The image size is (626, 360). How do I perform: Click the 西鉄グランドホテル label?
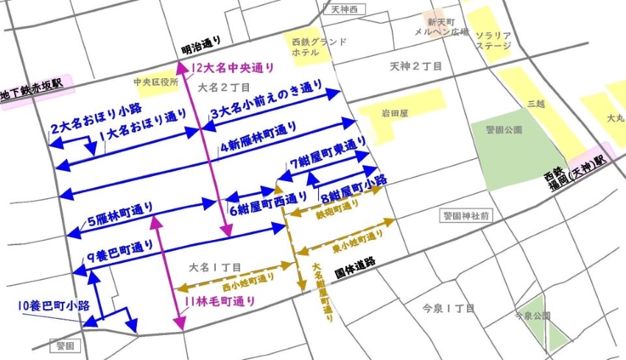click(318, 47)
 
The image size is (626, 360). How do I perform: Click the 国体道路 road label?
click(355, 263)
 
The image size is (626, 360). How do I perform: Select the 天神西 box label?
click(343, 10)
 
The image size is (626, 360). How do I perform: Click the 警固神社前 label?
click(465, 216)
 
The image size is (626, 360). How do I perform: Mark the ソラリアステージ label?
click(491, 40)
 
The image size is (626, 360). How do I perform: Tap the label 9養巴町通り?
click(120, 250)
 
